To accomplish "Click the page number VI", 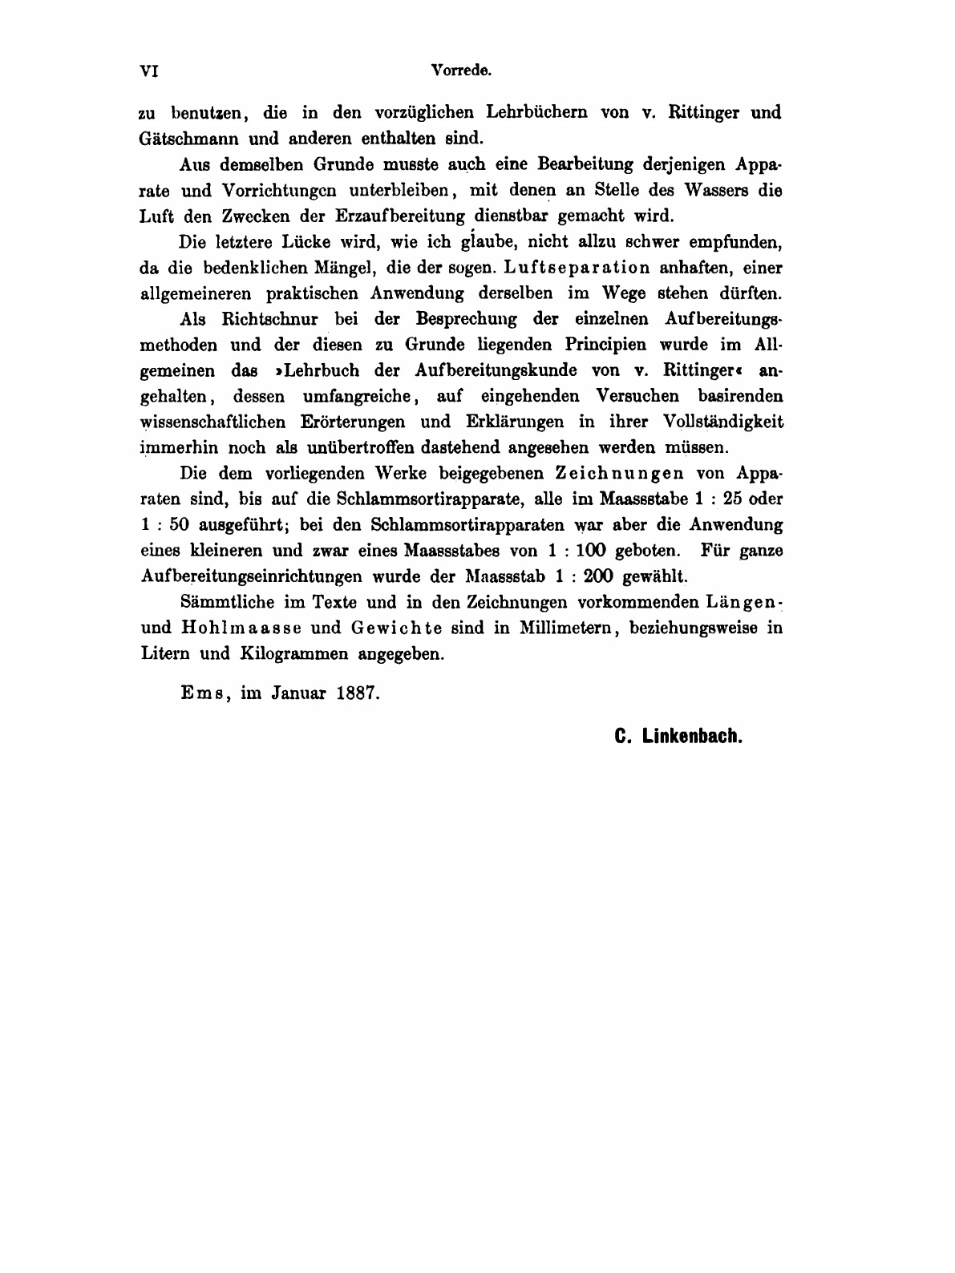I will pos(150,71).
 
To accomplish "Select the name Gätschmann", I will pos(186,137).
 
